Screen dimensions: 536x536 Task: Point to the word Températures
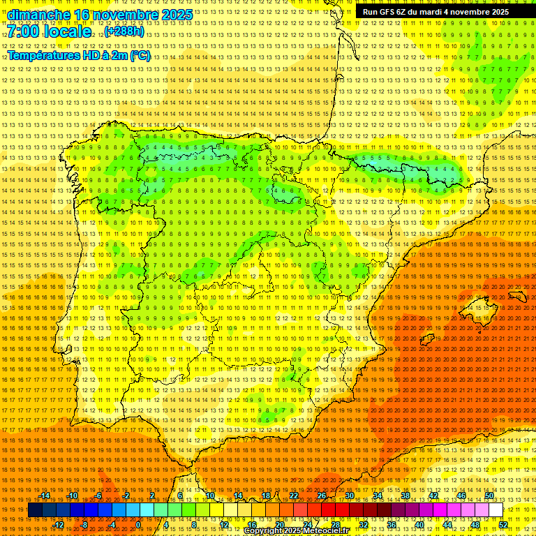pos(48,55)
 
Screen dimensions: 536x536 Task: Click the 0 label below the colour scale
pos(139,525)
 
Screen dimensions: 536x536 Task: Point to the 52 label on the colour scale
pos(503,525)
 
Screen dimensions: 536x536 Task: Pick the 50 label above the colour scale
pos(489,496)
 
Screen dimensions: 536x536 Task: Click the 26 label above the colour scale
pos(322,496)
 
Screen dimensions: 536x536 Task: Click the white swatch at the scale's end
pos(496,510)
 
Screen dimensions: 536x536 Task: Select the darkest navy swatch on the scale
pos(35,510)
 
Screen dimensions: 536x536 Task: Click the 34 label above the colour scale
pos(378,496)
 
